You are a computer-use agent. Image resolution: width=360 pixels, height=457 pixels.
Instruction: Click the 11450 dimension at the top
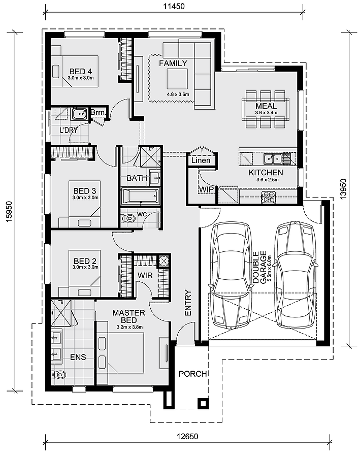coord(173,7)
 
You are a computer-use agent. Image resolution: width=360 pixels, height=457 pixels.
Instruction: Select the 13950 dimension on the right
coord(344,189)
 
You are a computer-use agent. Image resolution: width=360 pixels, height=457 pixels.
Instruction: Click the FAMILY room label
coord(173,63)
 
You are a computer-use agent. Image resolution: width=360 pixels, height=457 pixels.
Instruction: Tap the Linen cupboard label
coord(201,160)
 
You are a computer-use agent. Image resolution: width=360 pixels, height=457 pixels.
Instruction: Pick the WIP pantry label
coord(206,189)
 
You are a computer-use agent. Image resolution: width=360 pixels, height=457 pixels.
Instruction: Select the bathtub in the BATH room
coord(140,195)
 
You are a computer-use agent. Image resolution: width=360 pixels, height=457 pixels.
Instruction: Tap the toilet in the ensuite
coord(60,375)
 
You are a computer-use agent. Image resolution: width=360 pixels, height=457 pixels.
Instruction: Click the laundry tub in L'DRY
coord(80,113)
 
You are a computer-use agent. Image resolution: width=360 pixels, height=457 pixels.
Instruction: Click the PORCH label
coord(193,374)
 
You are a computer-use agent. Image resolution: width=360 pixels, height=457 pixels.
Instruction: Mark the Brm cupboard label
coord(97,112)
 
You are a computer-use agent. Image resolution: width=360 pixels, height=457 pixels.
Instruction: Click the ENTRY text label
coord(188,303)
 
